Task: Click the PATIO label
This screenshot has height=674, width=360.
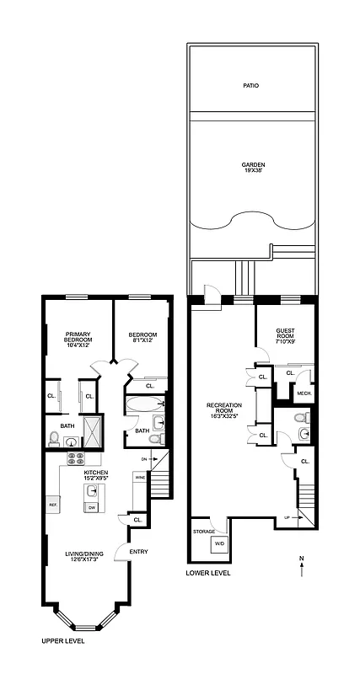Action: [250, 86]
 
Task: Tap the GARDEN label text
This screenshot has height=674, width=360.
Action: [253, 168]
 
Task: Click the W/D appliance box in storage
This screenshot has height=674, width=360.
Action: [221, 544]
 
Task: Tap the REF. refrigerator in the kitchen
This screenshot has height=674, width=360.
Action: [52, 505]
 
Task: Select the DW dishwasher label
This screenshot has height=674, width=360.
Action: [90, 508]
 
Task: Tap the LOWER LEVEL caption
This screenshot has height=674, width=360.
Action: [207, 574]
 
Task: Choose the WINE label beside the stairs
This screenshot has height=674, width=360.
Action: [139, 478]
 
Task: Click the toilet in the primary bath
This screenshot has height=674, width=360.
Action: [55, 438]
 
